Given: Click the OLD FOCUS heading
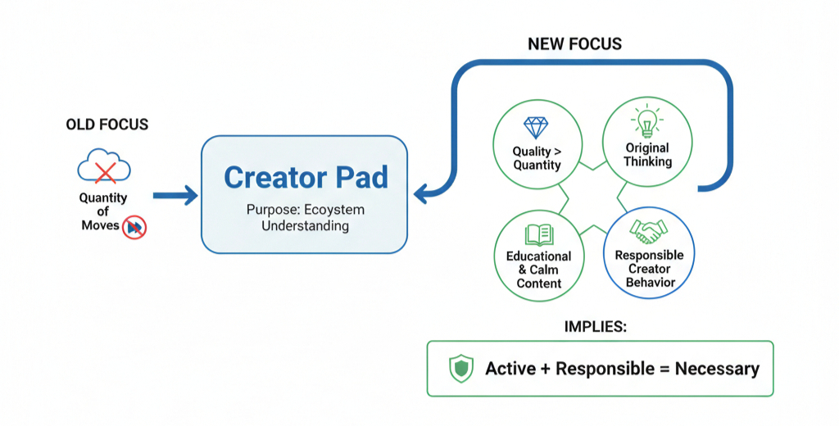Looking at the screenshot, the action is coord(107,125).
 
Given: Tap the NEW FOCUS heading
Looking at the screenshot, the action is coord(574,44).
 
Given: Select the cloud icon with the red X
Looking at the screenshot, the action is coord(104,165).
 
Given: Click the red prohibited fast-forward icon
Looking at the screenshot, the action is coord(134,228).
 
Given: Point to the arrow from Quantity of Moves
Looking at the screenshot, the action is coord(175,195).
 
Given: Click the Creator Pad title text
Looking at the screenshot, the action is coord(306,177).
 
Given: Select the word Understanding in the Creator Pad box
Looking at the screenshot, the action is coord(305,225).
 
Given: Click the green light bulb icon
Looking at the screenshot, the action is coord(647,121).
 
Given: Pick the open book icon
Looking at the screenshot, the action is coord(539,235).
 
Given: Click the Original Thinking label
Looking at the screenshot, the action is coord(647,155).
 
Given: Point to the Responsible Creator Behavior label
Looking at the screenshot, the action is coord(649,269).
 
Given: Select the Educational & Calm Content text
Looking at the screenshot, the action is coord(539,270).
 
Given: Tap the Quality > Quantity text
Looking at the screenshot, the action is coord(537,158).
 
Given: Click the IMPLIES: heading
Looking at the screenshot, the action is coord(596,326).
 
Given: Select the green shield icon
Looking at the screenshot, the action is coord(460,369).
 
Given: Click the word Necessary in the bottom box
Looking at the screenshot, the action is coord(717,369).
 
